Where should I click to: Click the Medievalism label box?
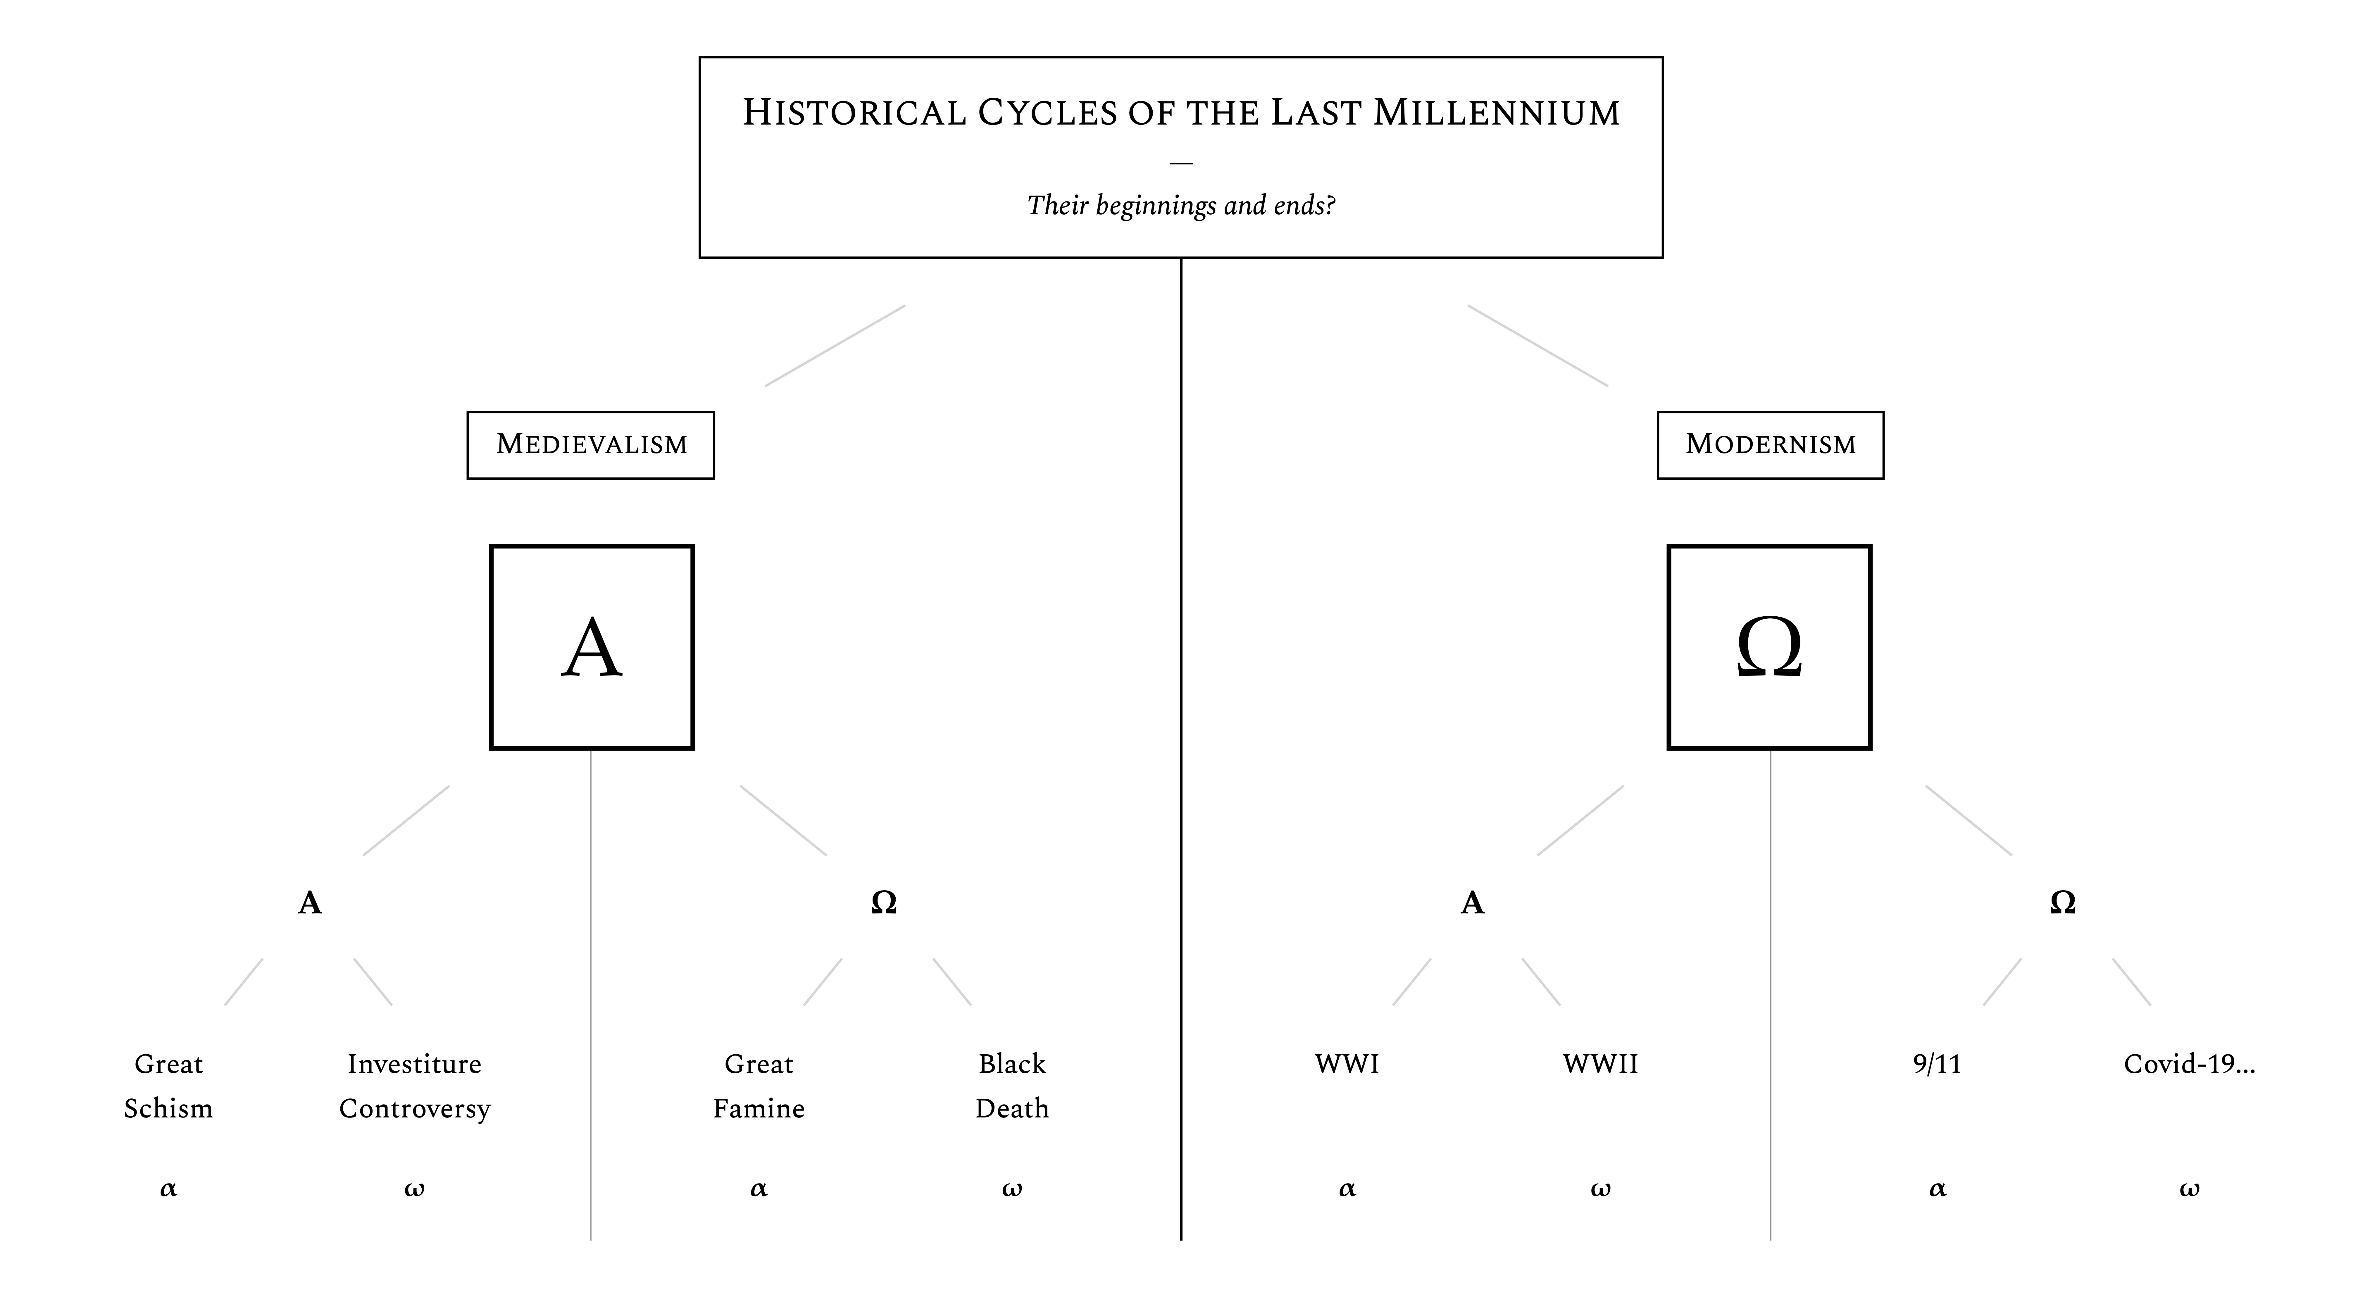click(590, 445)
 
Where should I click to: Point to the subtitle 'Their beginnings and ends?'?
click(1181, 205)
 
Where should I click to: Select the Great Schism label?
click(168, 1086)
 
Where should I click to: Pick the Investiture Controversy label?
click(415, 1086)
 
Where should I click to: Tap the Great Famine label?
click(759, 1086)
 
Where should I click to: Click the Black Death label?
click(1011, 1086)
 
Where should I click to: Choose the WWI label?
click(1347, 1064)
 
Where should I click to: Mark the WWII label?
click(1600, 1064)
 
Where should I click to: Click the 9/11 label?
click(1937, 1064)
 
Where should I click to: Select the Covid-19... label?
click(2189, 1064)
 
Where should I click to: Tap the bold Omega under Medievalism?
click(883, 903)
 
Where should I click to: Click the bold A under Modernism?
click(1472, 903)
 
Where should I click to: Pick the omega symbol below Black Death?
click(1011, 1189)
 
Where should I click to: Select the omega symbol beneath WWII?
click(1600, 1189)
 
